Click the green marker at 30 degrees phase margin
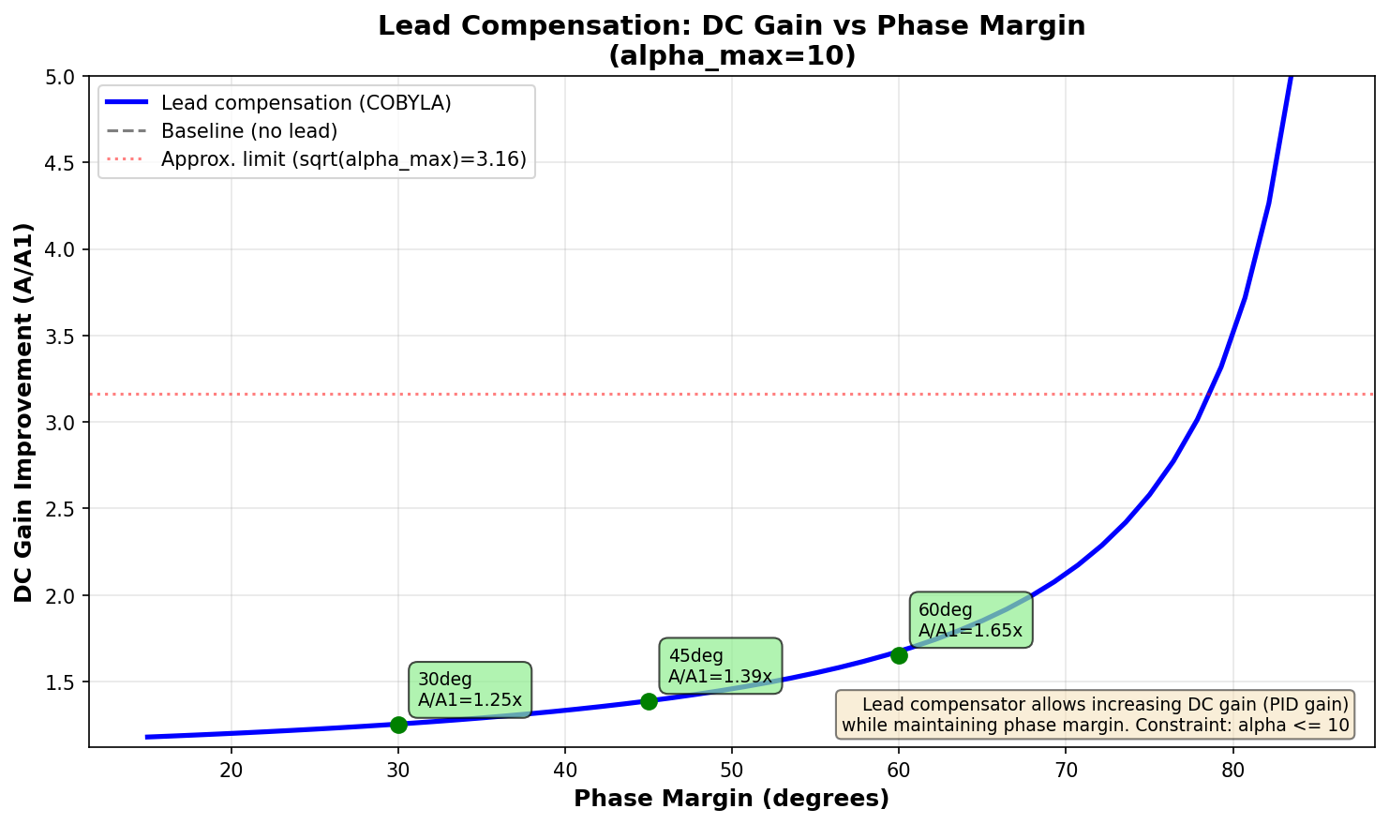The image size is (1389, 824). tap(398, 725)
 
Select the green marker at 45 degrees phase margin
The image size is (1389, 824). tap(649, 701)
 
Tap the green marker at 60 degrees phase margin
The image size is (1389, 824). tap(899, 655)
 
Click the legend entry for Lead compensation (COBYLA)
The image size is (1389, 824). tap(306, 103)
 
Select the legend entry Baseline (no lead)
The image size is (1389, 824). tap(248, 131)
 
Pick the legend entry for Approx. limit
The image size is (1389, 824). tap(343, 159)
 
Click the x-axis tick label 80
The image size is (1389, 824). tap(1232, 771)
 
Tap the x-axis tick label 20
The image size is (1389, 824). tap(231, 771)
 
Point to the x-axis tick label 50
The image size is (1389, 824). tap(732, 771)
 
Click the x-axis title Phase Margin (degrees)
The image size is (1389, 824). tap(731, 799)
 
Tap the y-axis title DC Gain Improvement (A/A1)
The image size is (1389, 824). tap(24, 412)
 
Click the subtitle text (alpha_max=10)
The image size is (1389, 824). tap(731, 56)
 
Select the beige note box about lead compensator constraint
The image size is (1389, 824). tap(1095, 714)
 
